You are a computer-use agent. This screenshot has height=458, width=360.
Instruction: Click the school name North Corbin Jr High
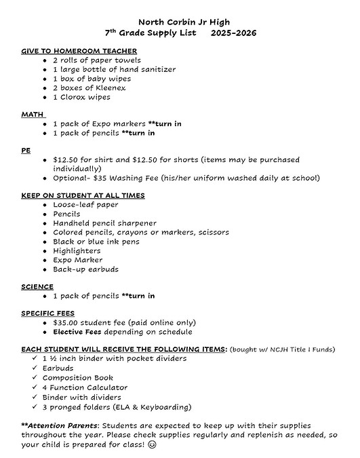click(180, 22)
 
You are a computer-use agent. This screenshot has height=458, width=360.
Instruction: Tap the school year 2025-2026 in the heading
click(233, 33)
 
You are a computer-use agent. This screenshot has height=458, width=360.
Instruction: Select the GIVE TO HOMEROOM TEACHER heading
click(79, 51)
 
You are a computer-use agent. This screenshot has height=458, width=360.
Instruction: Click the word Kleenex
click(111, 88)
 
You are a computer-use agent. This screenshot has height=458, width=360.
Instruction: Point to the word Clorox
click(73, 97)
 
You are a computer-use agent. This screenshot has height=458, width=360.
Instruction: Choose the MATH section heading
click(31, 114)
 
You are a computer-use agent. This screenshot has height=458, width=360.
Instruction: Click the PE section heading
click(26, 151)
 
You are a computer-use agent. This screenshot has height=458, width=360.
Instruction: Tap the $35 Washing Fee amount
click(125, 178)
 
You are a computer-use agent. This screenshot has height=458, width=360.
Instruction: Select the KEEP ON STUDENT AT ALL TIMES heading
click(83, 195)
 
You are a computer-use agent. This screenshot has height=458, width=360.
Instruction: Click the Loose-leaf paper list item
click(85, 204)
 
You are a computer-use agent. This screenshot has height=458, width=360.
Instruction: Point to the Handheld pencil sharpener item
click(104, 223)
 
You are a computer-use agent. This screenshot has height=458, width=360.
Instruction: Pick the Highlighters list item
click(77, 250)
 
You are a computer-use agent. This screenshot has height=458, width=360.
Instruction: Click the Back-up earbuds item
click(85, 269)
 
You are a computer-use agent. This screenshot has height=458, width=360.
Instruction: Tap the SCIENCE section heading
click(38, 286)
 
